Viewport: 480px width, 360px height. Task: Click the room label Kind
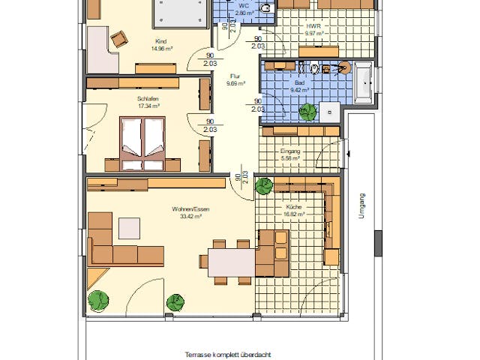160,42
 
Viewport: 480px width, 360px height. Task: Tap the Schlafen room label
148,99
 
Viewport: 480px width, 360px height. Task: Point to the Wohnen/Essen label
190,209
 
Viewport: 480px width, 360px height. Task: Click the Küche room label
292,206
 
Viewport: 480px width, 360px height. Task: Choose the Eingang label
289,151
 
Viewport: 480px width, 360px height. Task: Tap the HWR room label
313,25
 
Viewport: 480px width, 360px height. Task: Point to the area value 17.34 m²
148,106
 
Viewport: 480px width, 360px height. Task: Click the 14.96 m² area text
160,49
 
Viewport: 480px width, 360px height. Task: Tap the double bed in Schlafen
142,141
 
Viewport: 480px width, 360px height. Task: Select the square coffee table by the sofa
127,227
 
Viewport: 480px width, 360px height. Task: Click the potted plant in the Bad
307,112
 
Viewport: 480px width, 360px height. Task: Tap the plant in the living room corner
98,301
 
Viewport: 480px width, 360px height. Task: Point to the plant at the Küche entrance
264,186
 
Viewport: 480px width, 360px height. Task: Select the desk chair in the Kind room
118,38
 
